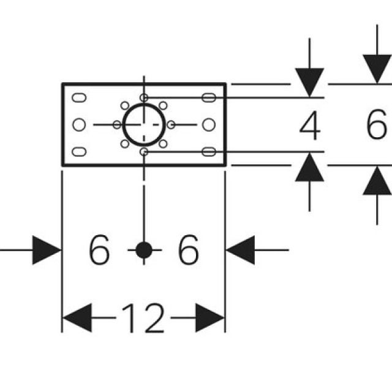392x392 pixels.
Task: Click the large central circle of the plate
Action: coord(144,124)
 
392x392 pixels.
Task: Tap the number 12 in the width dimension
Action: coord(143,318)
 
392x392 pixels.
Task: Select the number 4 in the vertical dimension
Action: coord(310,127)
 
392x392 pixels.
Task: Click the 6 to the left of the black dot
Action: coord(100,250)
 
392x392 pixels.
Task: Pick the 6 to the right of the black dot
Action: coord(188,250)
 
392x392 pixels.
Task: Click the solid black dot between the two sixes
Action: coord(144,250)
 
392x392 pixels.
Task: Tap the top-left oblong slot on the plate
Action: coord(79,97)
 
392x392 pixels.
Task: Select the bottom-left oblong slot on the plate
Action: coord(79,151)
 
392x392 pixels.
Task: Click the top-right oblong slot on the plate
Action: coord(209,97)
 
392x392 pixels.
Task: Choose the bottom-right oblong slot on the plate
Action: coord(209,151)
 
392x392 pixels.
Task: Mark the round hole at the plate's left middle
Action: coord(78,124)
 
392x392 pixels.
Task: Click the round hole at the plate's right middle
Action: coord(209,124)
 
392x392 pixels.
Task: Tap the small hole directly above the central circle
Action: coord(144,97)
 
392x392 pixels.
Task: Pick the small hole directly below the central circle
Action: coord(144,151)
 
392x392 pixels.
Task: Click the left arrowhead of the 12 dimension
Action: coord(76,318)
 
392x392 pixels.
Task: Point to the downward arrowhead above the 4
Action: coord(310,83)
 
